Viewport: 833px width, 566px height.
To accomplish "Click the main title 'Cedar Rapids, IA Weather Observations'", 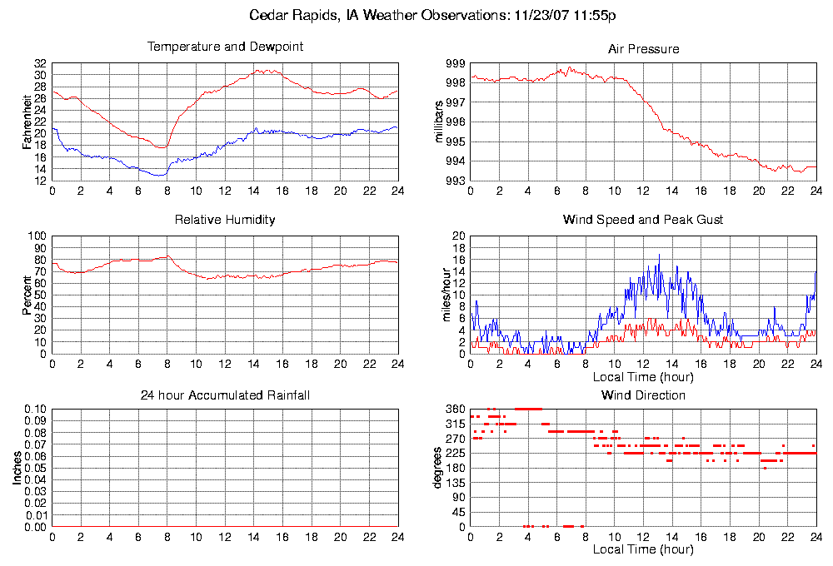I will tap(432, 15).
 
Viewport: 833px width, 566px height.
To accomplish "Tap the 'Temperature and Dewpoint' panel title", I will tap(225, 47).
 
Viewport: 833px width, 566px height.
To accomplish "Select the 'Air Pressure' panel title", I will tap(643, 49).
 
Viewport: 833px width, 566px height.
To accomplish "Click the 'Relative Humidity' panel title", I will tap(225, 220).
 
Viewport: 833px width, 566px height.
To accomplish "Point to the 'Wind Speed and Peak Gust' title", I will tap(643, 220).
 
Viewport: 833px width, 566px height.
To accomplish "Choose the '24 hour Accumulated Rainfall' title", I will tap(225, 395).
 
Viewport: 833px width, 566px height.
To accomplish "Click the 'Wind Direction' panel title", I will tap(643, 395).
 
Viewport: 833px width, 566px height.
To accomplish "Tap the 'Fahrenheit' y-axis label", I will tap(27, 122).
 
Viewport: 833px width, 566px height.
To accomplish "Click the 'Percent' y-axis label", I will tap(27, 295).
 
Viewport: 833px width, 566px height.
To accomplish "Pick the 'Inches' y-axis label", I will tap(17, 469).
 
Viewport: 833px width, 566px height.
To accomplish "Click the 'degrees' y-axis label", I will tap(439, 469).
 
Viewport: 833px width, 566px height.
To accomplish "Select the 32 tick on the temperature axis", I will tap(40, 63).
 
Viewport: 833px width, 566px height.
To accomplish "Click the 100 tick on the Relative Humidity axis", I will tap(37, 236).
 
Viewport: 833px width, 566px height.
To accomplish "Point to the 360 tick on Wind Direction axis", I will tap(454, 410).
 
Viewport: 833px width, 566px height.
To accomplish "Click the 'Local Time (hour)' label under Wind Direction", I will tap(643, 549).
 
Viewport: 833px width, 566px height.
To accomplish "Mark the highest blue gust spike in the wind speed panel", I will tap(659, 255).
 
